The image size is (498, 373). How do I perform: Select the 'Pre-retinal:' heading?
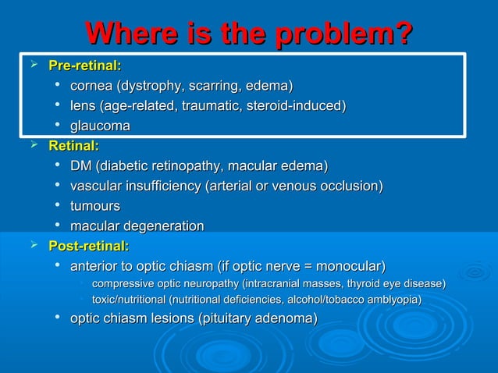pos(84,64)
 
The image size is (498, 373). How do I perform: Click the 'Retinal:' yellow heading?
pos(73,145)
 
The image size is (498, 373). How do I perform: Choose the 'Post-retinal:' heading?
pos(88,247)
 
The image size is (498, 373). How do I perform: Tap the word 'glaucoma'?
pos(100,126)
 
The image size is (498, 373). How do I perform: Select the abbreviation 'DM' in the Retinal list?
pos(80,165)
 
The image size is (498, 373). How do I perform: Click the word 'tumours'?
pos(95,206)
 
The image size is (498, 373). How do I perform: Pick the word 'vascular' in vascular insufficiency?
pos(97,186)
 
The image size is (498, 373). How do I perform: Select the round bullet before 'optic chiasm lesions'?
pos(59,318)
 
